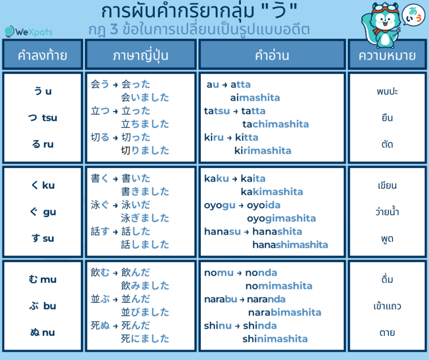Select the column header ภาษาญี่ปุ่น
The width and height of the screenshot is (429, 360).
pos(140,55)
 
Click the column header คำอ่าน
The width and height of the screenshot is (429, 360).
pos(272,55)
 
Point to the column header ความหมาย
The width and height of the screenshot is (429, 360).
pos(387,55)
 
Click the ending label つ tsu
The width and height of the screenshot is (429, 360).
pos(42,118)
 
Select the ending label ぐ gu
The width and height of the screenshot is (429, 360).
pos(42,212)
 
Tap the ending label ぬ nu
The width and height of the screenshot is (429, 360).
pos(42,332)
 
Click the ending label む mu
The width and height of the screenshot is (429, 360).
pos(42,279)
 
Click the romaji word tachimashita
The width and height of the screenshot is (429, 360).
pos(275,124)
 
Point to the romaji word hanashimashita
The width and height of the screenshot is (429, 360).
pos(290,245)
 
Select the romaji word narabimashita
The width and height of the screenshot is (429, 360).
pos(285,312)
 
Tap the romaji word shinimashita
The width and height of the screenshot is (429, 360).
pos(275,338)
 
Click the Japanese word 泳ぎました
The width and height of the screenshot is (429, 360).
pos(145,218)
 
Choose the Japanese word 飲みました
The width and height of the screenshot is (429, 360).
pos(145,285)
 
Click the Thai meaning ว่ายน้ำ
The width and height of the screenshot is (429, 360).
pos(387,211)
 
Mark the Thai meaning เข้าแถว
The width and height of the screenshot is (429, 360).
pos(387,306)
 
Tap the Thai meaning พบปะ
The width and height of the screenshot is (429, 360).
pos(387,92)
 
